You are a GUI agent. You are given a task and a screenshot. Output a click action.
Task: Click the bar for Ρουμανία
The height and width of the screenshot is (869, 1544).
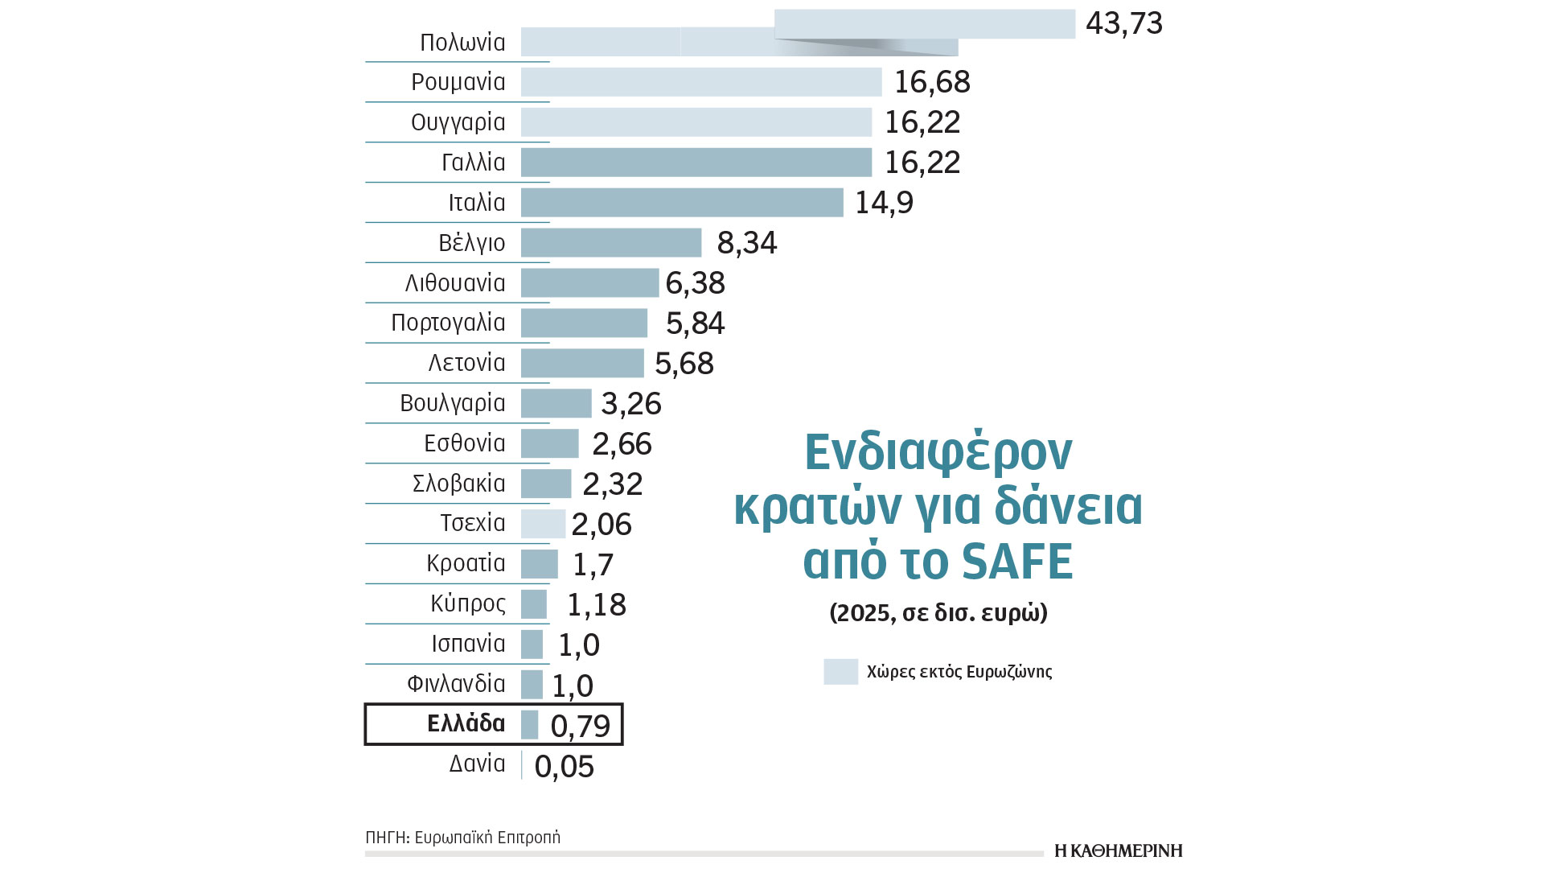(x=700, y=82)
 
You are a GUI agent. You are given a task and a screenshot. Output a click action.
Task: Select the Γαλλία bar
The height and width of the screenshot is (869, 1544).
(x=696, y=163)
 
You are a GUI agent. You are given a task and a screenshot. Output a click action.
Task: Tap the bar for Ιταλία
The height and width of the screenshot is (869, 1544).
(x=682, y=203)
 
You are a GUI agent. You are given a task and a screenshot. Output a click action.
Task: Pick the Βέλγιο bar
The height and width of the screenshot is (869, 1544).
(x=611, y=243)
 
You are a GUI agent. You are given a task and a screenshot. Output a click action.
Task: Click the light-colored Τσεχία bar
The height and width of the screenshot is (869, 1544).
(x=543, y=524)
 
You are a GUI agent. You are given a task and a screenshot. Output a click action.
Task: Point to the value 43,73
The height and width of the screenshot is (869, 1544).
(x=1123, y=23)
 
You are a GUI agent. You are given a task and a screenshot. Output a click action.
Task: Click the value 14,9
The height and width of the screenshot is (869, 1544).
(x=884, y=203)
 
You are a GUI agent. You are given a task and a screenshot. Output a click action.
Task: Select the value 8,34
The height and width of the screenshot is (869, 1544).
(x=746, y=243)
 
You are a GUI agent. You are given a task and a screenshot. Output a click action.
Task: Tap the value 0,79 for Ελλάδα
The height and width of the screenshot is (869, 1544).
(x=580, y=726)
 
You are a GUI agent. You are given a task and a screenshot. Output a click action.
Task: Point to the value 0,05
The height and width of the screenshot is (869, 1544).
(x=564, y=766)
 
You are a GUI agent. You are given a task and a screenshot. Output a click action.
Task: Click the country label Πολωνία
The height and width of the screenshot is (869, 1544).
(x=462, y=43)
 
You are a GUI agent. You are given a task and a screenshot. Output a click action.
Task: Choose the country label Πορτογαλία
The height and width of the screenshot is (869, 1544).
(x=448, y=323)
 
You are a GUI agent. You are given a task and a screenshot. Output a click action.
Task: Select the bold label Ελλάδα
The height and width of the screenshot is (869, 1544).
(x=466, y=723)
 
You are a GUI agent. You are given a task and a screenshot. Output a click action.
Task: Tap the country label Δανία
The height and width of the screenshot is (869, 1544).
(x=477, y=764)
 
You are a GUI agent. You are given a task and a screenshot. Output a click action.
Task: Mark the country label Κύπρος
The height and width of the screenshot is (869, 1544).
(x=467, y=603)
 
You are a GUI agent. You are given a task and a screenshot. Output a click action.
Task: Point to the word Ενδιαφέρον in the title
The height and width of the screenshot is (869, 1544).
(x=938, y=452)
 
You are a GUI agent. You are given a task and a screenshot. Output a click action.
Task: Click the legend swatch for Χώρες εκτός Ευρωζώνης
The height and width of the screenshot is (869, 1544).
(x=840, y=671)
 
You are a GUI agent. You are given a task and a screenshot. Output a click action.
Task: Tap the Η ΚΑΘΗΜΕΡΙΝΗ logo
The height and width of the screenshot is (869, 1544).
(x=1118, y=850)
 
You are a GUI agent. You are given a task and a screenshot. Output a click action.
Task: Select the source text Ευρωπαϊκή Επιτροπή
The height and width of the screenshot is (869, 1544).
(x=499, y=838)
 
